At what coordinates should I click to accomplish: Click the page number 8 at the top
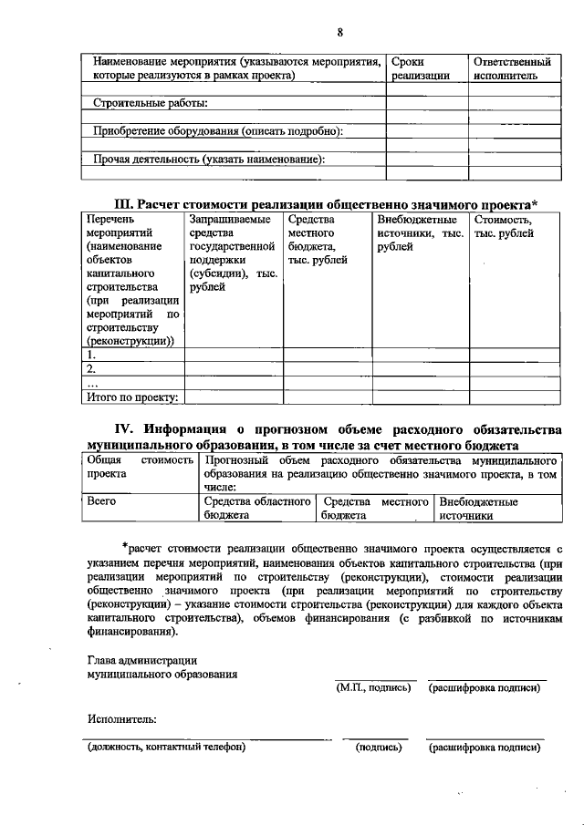coord(339,34)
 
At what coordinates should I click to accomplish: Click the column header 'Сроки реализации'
coord(421,68)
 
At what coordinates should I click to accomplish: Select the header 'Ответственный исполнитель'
coord(512,68)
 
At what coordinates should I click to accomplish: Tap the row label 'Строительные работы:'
coord(151,102)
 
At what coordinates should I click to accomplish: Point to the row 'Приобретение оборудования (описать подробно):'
coord(217,131)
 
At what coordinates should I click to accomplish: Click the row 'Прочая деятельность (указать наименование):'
coord(209,160)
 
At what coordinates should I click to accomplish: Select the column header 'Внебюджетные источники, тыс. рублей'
coord(420,233)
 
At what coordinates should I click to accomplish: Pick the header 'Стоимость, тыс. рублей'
coord(503,226)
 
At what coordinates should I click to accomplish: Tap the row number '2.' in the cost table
coord(91,369)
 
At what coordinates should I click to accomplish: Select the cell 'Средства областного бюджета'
coord(257,508)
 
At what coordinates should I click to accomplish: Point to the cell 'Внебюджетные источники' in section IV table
coord(479,508)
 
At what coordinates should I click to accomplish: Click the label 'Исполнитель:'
coord(122,717)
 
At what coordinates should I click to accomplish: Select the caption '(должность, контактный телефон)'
coord(166,747)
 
